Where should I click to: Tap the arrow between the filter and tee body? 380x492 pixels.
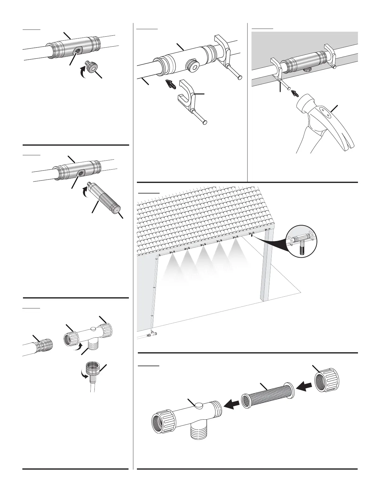232,403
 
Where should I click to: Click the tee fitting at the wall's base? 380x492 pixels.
153,334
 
